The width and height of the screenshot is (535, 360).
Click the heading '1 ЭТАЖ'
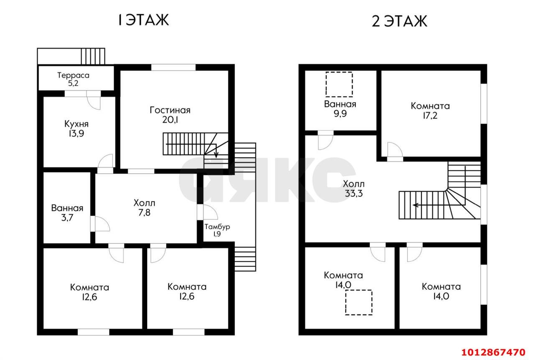(144, 20)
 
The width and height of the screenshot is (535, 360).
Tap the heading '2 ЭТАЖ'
(400, 21)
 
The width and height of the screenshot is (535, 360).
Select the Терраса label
(73, 76)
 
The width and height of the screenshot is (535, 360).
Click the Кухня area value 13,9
(76, 134)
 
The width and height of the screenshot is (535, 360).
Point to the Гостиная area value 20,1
(170, 119)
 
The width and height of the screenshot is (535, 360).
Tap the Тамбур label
(217, 226)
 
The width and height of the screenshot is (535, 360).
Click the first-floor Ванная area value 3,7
(67, 218)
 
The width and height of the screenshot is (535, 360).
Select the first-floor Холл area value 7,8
(144, 213)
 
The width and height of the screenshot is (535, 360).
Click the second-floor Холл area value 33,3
(354, 193)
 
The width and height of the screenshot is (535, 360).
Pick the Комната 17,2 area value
(430, 116)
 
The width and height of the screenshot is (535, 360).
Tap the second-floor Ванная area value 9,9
(340, 114)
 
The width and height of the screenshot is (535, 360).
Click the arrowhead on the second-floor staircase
(415, 205)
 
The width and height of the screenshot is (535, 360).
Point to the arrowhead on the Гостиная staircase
(216, 155)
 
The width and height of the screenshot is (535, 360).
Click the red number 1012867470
(493, 352)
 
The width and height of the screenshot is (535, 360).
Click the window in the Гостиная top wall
(173, 67)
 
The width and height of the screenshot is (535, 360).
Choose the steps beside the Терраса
(93, 56)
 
